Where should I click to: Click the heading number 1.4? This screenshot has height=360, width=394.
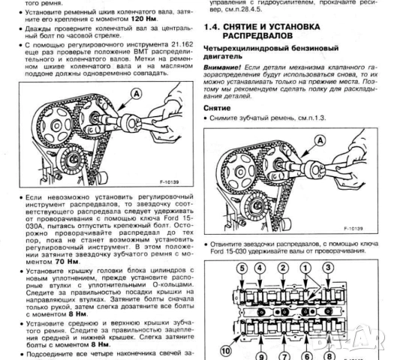pyautogui.click(x=215, y=28)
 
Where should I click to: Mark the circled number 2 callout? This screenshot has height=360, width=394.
pyautogui.click(x=283, y=268)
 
